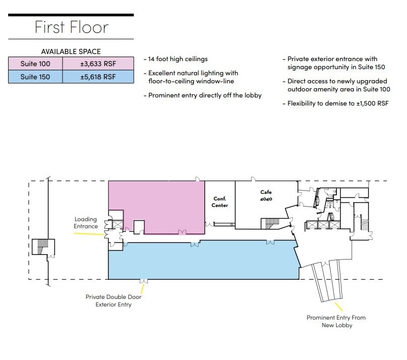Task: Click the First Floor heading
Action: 71,27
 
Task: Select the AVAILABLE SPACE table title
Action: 71,52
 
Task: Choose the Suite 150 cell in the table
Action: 35,77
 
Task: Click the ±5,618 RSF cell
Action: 98,77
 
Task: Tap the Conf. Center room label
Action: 220,202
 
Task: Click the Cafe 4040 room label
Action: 266,195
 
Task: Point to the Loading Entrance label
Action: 86,223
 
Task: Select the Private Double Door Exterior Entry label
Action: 113,301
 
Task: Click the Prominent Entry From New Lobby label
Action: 336,321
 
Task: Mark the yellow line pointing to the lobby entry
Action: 338,305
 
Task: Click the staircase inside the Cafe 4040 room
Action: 271,223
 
